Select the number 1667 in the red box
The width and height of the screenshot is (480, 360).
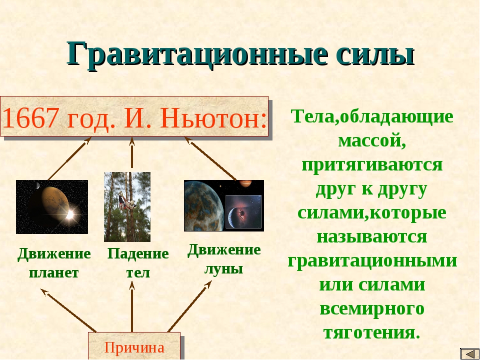pyautogui.click(x=29, y=118)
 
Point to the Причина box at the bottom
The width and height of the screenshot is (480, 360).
pyautogui.click(x=134, y=346)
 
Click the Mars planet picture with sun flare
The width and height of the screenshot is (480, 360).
pyautogui.click(x=52, y=207)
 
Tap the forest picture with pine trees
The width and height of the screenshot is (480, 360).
pyautogui.click(x=127, y=207)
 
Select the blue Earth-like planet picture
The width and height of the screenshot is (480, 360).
pyautogui.click(x=224, y=205)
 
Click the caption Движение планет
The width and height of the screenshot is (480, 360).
pyautogui.click(x=54, y=263)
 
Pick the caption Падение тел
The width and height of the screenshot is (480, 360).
pyautogui.click(x=138, y=263)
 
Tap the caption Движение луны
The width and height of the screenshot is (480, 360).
pyautogui.click(x=224, y=259)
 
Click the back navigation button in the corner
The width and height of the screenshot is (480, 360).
pyautogui.click(x=469, y=354)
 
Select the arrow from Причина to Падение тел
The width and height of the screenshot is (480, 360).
pyautogui.click(x=132, y=306)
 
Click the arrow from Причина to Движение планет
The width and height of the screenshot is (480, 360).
pyautogui.click(x=68, y=310)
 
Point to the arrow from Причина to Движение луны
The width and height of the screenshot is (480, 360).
pyautogui.click(x=190, y=306)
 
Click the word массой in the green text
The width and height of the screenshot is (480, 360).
pyautogui.click(x=372, y=141)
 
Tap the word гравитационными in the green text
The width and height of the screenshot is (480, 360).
pyautogui.click(x=372, y=261)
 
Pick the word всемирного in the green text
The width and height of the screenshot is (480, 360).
pyautogui.click(x=372, y=309)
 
